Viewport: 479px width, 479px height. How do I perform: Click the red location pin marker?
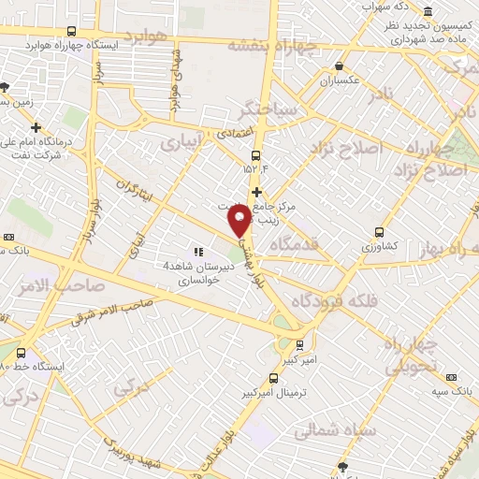[239, 220]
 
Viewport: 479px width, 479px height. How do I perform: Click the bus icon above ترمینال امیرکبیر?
[273, 379]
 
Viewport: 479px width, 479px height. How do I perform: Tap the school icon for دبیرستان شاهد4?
[197, 252]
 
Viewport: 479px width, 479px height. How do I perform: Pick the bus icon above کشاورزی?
[379, 232]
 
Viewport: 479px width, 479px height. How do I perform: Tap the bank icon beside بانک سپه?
[452, 377]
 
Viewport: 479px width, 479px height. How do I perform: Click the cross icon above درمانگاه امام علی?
[36, 127]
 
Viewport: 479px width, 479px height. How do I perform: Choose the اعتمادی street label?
[233, 135]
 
